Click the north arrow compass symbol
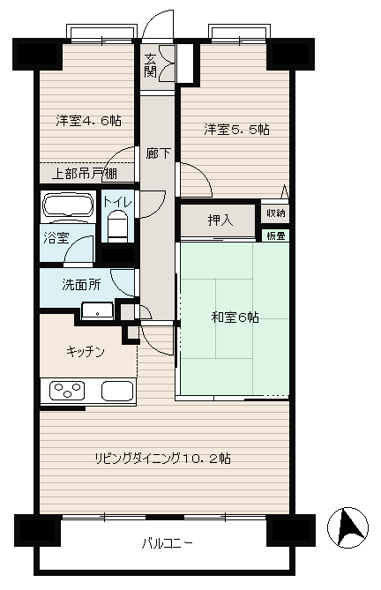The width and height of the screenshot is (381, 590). (347, 527)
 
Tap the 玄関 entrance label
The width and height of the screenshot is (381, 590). (150, 65)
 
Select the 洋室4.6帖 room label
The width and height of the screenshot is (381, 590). (88, 121)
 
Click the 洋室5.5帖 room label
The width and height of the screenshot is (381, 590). (236, 130)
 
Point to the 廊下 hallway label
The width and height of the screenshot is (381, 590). (159, 153)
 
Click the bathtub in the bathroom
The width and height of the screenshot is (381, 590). (68, 205)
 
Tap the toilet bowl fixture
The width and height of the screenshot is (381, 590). (117, 227)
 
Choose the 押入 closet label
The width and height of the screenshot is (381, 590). (220, 220)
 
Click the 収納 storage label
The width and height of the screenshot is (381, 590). (276, 213)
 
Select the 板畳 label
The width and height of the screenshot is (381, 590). (276, 236)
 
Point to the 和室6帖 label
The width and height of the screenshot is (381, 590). (235, 317)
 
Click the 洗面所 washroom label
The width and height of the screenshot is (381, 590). (81, 285)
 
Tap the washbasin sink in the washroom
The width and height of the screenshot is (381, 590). (97, 310)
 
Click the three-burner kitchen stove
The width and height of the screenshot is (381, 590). (67, 390)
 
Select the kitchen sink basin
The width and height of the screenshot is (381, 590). (117, 391)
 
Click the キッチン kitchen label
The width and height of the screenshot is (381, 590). (85, 352)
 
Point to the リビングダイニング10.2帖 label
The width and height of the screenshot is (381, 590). (163, 459)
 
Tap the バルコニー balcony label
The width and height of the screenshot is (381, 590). (168, 544)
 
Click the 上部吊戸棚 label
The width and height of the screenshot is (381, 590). (85, 174)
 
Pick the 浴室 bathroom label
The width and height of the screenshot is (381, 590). (56, 238)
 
